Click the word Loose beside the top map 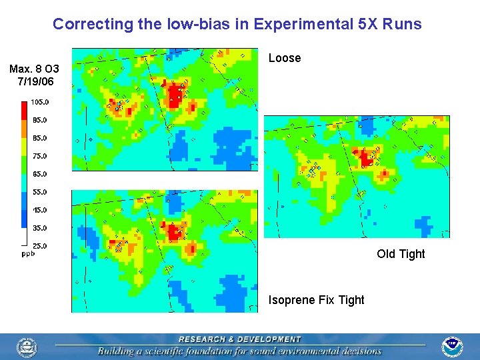pyautogui.click(x=285, y=58)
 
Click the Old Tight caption pyautogui.click(x=401, y=254)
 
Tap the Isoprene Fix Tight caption pyautogui.click(x=316, y=300)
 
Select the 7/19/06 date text pyautogui.click(x=35, y=82)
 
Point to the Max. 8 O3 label pyautogui.click(x=34, y=69)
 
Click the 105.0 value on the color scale pyautogui.click(x=39, y=102)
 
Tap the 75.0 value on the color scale pyautogui.click(x=39, y=156)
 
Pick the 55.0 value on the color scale pyautogui.click(x=39, y=192)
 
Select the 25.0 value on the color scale pyautogui.click(x=39, y=246)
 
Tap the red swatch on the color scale pyautogui.click(x=25, y=110)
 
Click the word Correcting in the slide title pyautogui.click(x=84, y=25)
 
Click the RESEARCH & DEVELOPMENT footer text pyautogui.click(x=240, y=339)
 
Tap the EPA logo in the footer pyautogui.click(x=27, y=347)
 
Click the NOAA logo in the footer pyautogui.click(x=453, y=347)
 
